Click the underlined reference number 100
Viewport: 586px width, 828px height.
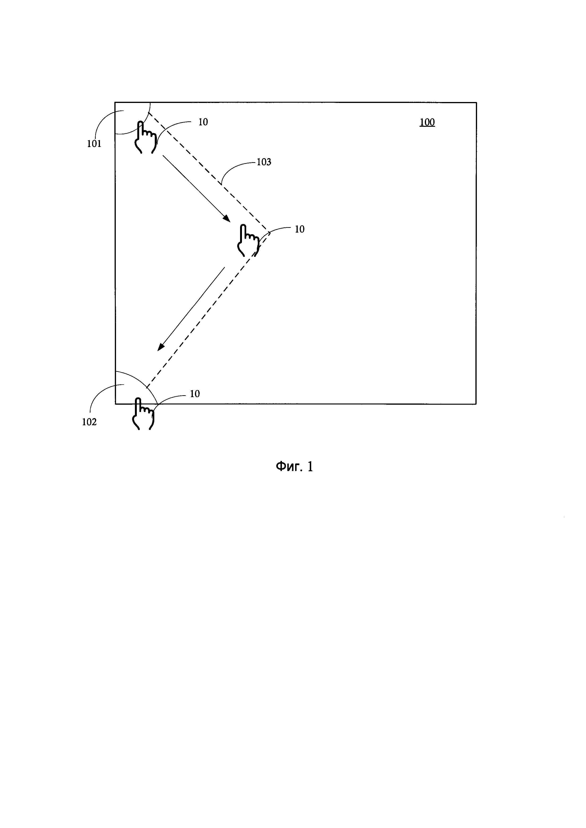pos(427,122)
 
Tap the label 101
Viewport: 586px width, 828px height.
pos(94,144)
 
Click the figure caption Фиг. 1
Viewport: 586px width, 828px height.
pos(294,467)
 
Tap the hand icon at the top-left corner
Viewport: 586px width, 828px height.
pos(145,138)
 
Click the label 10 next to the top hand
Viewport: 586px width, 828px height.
pos(203,122)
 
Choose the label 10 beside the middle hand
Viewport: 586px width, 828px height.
pos(299,229)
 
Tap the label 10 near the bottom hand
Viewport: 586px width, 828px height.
pos(195,394)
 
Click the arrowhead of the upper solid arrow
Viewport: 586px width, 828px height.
pos(227,219)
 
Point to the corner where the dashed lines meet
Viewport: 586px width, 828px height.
pos(268,230)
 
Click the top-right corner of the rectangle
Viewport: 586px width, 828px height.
pos(476,103)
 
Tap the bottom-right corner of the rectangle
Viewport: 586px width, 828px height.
pos(476,404)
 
